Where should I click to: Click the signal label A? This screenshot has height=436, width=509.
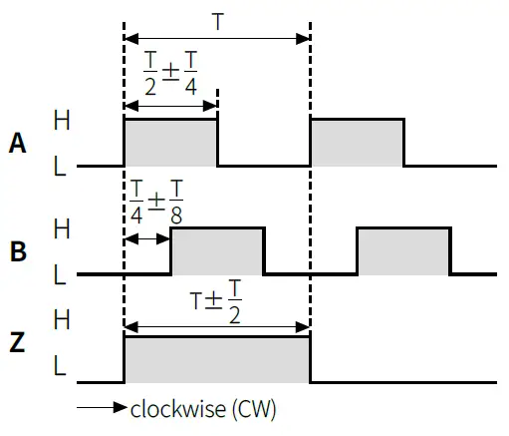[x=16, y=144]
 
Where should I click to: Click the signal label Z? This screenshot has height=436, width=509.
[x=16, y=344]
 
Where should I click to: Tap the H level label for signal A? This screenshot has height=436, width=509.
[x=61, y=120]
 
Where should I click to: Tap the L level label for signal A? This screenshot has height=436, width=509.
[x=60, y=166]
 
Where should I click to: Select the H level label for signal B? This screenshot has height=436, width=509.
[x=61, y=228]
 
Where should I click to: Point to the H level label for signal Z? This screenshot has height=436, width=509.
[x=61, y=319]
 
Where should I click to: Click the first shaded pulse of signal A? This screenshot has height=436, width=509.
[x=169, y=143]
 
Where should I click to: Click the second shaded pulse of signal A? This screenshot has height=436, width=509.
[x=357, y=143]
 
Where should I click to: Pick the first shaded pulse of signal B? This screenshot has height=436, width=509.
[x=217, y=251]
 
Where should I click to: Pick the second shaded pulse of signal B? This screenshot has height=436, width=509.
[x=403, y=251]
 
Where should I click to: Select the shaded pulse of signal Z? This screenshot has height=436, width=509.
[x=216, y=360]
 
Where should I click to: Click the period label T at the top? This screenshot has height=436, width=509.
[x=218, y=20]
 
